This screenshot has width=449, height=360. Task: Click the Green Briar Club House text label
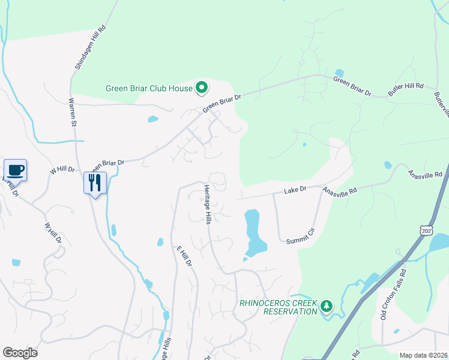[149, 88]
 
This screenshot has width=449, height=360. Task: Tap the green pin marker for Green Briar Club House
[202, 89]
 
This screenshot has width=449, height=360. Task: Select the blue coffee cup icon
[16, 170]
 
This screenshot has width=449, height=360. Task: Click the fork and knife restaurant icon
[95, 182]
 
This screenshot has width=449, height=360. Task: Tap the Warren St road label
[73, 112]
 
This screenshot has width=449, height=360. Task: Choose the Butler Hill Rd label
[406, 89]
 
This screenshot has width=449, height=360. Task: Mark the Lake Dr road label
[295, 189]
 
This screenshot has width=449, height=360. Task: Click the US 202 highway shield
[427, 229]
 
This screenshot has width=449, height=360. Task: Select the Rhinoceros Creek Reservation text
[278, 307]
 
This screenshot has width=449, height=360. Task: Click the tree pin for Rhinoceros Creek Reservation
[326, 307]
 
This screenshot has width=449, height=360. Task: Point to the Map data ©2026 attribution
[423, 355]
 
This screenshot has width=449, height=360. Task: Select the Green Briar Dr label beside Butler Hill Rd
[352, 87]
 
